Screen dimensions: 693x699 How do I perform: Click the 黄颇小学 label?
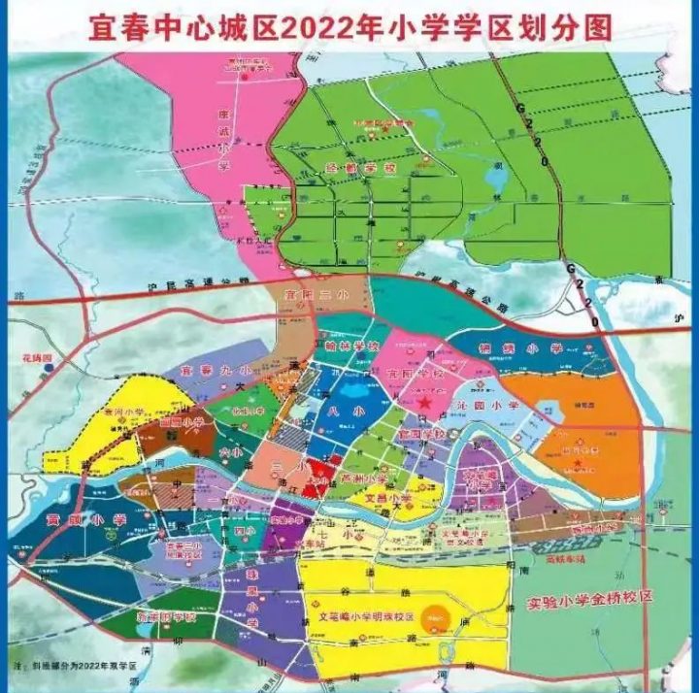click(x=85, y=521)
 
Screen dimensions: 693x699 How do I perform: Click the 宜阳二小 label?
click(x=302, y=294)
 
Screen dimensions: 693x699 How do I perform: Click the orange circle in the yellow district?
click(x=439, y=616)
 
